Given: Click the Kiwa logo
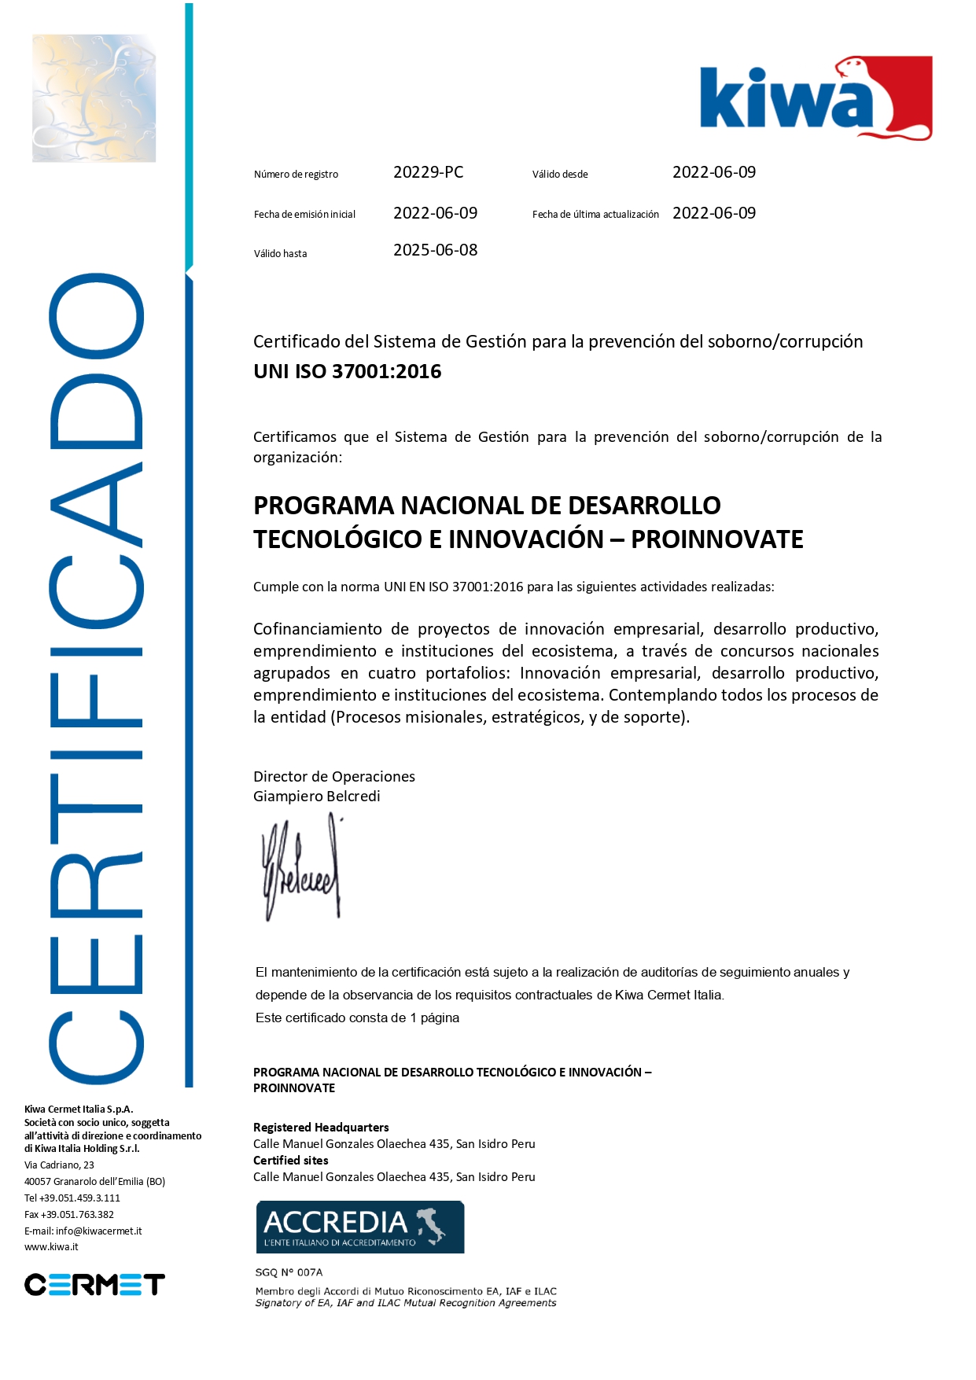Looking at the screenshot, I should pos(816,98).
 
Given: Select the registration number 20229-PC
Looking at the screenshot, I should pos(428,172).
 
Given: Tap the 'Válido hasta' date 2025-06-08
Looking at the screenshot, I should pos(435,250).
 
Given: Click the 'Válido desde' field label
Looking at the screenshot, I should pos(560,175).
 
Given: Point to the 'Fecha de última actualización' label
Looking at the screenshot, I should pos(595,215).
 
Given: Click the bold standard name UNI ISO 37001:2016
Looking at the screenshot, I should pos(347,372).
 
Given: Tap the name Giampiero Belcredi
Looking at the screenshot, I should pos(316,797).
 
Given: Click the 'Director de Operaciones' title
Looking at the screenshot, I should pos(333,777).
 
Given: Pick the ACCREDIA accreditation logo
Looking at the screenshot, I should pos(359,1226).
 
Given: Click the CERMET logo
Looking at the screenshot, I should pos(94,1285).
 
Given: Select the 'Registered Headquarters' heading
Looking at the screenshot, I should pos(321,1128).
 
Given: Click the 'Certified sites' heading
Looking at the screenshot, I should pos(290,1161).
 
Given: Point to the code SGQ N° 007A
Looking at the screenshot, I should pos(289,1272).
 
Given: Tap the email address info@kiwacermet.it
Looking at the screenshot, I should pos(98,1231).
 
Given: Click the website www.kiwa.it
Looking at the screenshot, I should pos(51,1247).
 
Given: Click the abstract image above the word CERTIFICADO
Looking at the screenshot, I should pos(94,98).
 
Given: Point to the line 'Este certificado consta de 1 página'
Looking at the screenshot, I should pos(357,1018).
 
